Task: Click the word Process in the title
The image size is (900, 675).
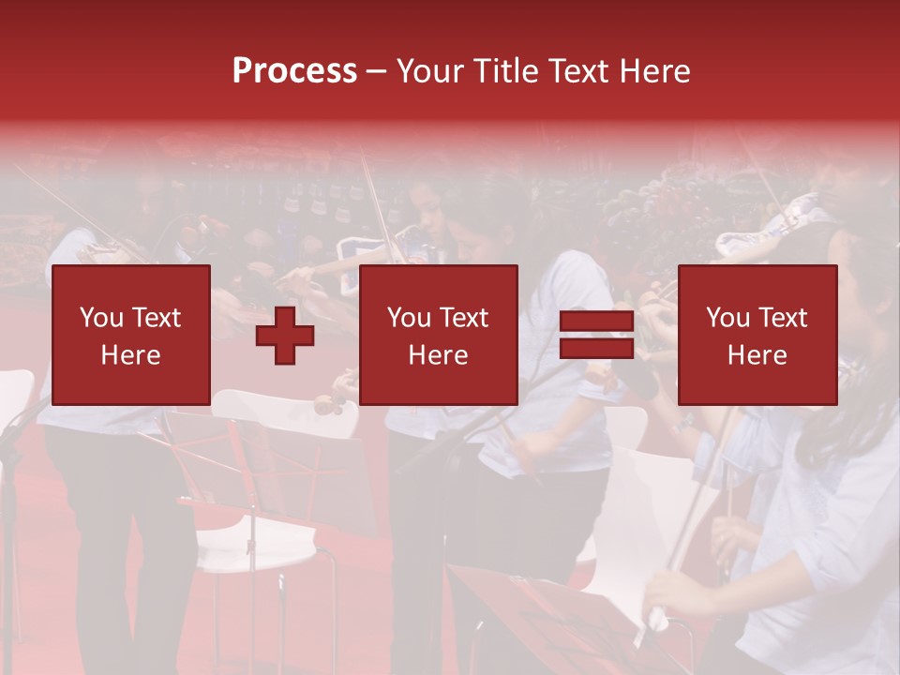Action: pyautogui.click(x=294, y=71)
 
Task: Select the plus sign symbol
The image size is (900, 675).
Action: pyautogui.click(x=285, y=335)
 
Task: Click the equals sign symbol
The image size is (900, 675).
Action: pyautogui.click(x=596, y=335)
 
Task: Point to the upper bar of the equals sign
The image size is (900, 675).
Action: pyautogui.click(x=596, y=322)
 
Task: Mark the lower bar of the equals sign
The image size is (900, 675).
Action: pyautogui.click(x=596, y=348)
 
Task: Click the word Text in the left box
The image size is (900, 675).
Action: pyautogui.click(x=156, y=318)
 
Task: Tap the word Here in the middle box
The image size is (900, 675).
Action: pyautogui.click(x=438, y=355)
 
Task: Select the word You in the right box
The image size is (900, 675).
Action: pyautogui.click(x=728, y=318)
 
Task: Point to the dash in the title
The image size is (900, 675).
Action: pyautogui.click(x=376, y=71)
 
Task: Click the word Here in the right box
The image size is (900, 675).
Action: pyautogui.click(x=757, y=355)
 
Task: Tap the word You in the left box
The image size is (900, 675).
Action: pyautogui.click(x=102, y=318)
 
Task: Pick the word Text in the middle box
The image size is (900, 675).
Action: pyautogui.click(x=463, y=318)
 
